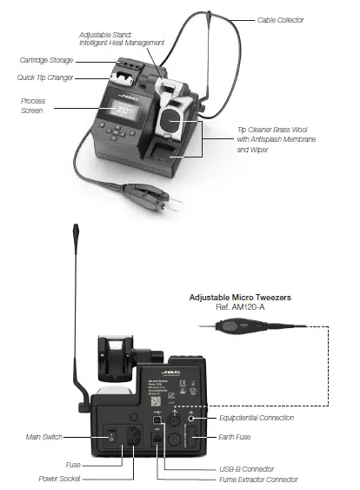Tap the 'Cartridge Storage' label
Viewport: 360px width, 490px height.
46,60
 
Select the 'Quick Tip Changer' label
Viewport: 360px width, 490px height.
46,77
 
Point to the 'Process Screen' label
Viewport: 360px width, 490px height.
33,106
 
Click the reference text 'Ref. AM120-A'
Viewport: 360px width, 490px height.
240,308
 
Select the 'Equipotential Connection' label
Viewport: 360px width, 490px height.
281,417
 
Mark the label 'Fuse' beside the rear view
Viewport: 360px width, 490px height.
73,465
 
